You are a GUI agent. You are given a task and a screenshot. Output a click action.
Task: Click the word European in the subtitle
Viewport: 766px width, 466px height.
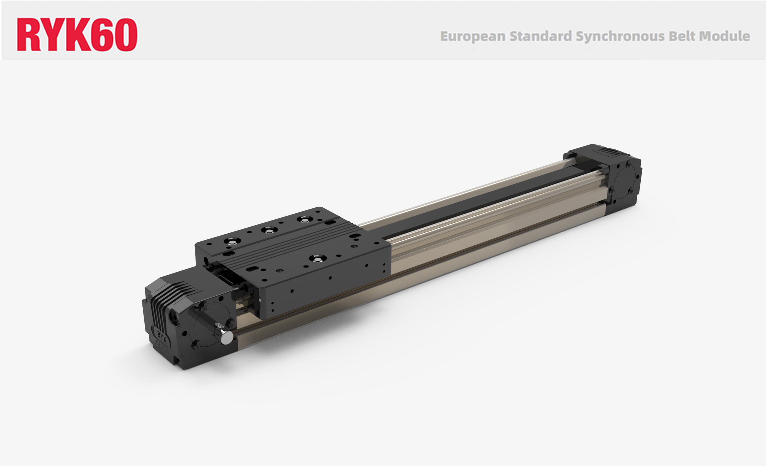[473, 36]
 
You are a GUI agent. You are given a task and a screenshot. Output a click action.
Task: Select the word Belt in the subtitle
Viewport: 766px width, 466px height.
[682, 36]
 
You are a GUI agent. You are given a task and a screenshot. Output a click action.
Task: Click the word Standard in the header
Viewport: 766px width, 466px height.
[541, 36]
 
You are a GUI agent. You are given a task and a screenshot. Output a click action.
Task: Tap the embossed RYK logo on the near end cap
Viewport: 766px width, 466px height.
[162, 336]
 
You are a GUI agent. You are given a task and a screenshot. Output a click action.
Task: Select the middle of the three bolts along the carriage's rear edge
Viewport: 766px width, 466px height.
[269, 230]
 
